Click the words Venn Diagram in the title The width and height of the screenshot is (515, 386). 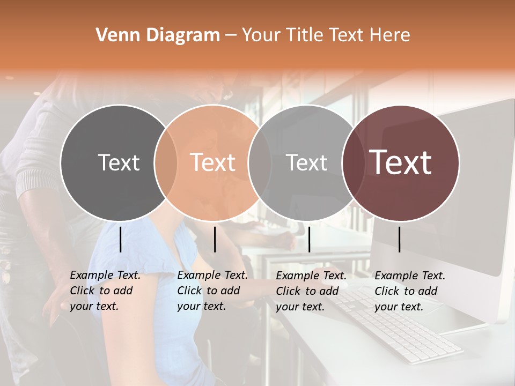(x=158, y=35)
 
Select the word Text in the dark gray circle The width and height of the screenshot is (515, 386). (x=119, y=162)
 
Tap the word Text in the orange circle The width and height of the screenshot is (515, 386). (x=212, y=162)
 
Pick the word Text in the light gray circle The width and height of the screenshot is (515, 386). (x=306, y=162)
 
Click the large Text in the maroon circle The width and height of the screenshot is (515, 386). (x=401, y=162)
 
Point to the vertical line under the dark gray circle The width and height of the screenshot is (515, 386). (x=120, y=239)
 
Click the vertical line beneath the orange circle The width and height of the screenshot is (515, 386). (x=215, y=239)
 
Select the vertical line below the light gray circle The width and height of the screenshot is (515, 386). (x=309, y=239)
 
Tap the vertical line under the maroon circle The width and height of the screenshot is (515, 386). (x=399, y=239)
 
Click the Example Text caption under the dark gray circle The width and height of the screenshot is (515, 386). (x=105, y=291)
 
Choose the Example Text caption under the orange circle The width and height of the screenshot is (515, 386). (x=212, y=291)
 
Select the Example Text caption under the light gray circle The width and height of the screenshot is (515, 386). (x=311, y=291)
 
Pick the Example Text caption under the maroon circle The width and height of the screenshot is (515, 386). (x=410, y=291)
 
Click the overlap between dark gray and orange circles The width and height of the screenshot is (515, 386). (x=166, y=162)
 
